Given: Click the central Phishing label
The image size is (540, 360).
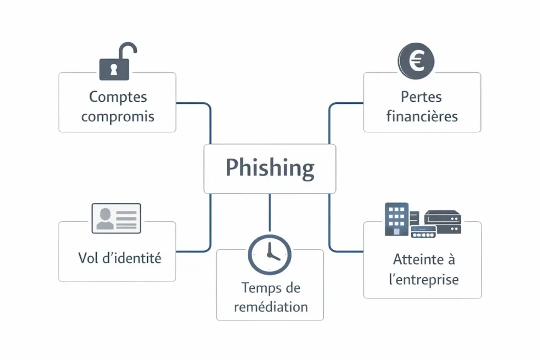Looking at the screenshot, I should [x=269, y=168].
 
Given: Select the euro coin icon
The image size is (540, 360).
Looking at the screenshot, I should [x=416, y=60].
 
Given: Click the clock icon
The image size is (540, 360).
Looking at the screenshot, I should [x=269, y=254].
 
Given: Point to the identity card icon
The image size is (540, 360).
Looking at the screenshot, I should [x=117, y=218].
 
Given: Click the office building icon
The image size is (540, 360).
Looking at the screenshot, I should [x=397, y=219].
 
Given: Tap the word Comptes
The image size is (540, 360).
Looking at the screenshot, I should [x=118, y=97].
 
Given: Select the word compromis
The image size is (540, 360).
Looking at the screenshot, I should [x=118, y=116].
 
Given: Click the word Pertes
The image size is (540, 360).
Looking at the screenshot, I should [x=421, y=97].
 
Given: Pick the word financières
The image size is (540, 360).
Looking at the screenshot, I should [x=421, y=116].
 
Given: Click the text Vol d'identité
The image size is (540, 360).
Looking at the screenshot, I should [x=119, y=258].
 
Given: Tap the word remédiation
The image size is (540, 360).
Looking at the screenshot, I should [x=271, y=307].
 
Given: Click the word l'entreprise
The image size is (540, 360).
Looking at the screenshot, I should [x=423, y=279].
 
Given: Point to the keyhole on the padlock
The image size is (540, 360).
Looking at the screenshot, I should [x=113, y=69].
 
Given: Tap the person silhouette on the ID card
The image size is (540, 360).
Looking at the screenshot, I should [x=105, y=218].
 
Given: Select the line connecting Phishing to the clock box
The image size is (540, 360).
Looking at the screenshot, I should [x=269, y=213].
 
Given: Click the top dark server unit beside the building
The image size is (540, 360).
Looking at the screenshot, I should [x=442, y=216].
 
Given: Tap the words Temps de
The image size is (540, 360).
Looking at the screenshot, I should [x=271, y=288].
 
